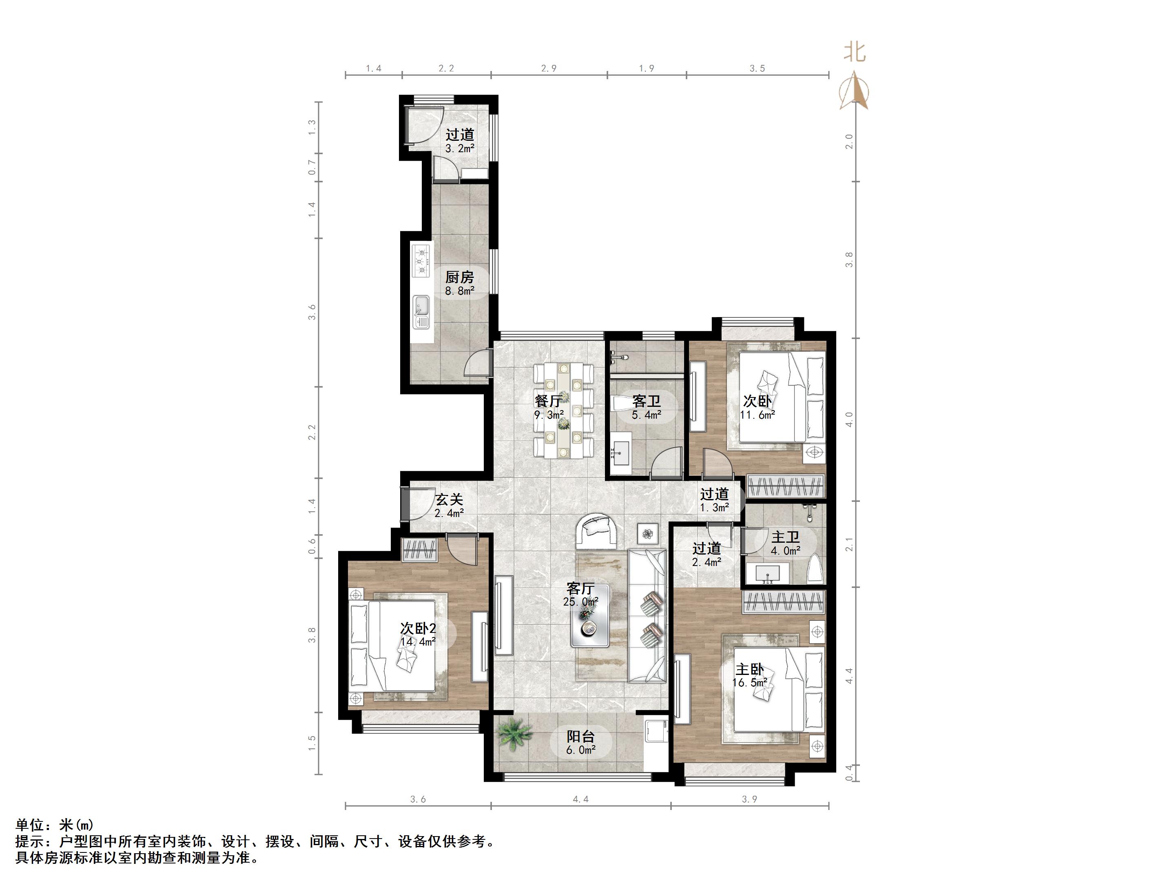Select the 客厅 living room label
click(580, 588)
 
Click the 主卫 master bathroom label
click(786, 537)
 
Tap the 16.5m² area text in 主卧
click(750, 682)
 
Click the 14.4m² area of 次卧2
click(418, 641)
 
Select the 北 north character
click(855, 52)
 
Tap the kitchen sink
click(422, 312)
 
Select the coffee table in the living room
click(590, 624)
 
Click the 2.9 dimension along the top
click(549, 69)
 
